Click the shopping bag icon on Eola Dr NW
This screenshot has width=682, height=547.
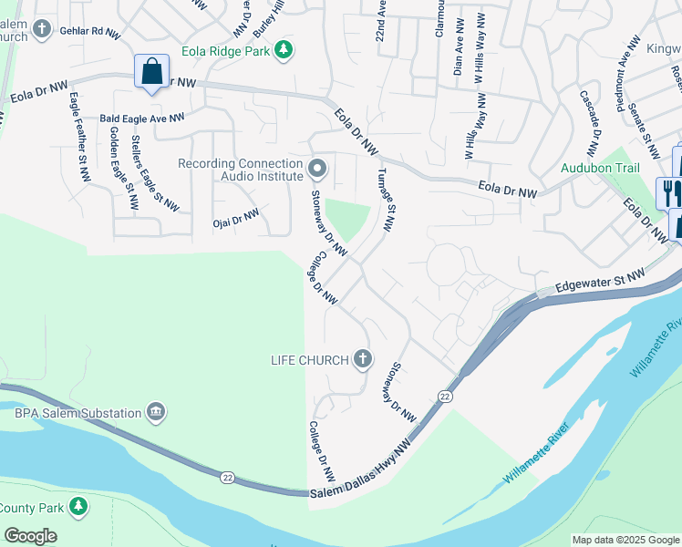[x=151, y=71]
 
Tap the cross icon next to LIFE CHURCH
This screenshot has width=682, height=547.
[x=363, y=359]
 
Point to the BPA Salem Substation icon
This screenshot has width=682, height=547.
[x=157, y=413]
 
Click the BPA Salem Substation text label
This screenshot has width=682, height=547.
[x=78, y=413]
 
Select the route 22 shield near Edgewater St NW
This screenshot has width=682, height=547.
[x=445, y=395]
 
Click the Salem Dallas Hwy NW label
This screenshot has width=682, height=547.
[x=361, y=468]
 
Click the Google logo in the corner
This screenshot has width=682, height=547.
[x=30, y=535]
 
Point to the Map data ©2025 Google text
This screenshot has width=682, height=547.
[x=625, y=540]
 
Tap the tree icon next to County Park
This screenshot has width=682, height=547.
[x=79, y=505]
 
